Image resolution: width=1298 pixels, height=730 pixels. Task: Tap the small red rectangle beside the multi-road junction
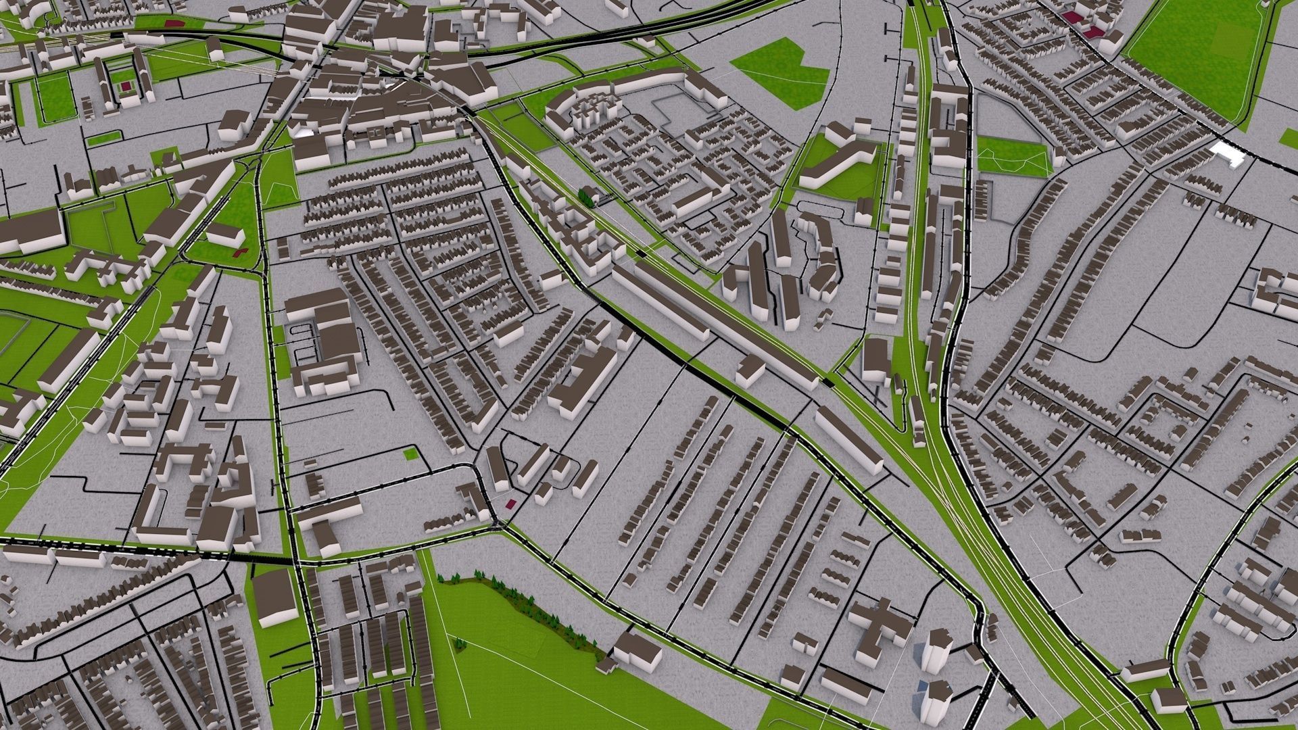pos(510,503)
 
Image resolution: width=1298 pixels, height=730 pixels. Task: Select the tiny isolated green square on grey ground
pos(410,454)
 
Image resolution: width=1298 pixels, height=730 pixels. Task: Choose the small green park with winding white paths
pos(1014,155)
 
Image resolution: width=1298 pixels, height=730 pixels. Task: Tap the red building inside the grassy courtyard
pos(126,87)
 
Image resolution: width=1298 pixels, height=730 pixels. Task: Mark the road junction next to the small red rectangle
pos(498,522)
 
